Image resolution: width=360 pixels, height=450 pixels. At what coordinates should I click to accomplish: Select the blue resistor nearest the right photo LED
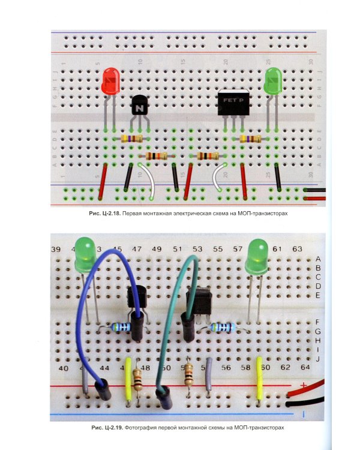(223, 327)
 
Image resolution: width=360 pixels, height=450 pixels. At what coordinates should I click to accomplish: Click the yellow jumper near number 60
(260, 378)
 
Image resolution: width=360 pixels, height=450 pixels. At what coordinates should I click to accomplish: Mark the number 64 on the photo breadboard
(304, 367)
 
